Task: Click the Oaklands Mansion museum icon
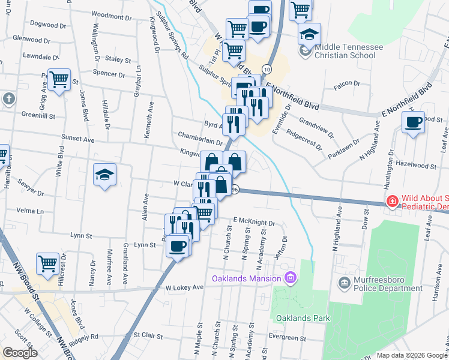click(291, 278)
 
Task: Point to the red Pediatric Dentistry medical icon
click(392, 202)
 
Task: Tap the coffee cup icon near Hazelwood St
click(413, 122)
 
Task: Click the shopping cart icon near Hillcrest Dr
click(47, 263)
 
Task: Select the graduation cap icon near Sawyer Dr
click(105, 175)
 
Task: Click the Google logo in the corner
click(20, 352)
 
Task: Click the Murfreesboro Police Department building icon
click(345, 283)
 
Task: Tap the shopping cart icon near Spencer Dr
click(59, 79)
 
